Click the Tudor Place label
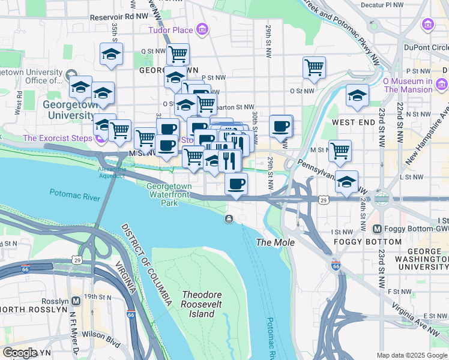pyautogui.click(x=171, y=30)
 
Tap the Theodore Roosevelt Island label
pyautogui.click(x=202, y=304)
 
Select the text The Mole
pyautogui.click(x=276, y=242)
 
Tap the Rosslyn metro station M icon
pyautogui.click(x=76, y=301)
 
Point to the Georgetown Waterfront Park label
pyautogui.click(x=170, y=194)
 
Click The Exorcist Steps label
pyautogui.click(x=58, y=138)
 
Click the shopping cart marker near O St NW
pyautogui.click(x=314, y=68)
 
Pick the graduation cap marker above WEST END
pyautogui.click(x=357, y=95)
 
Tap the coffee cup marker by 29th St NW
pyautogui.click(x=280, y=126)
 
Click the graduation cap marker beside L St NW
pyautogui.click(x=346, y=181)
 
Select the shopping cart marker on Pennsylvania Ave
pyautogui.click(x=340, y=150)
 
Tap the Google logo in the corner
pyautogui.click(x=20, y=353)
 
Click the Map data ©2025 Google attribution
pyautogui.click(x=412, y=355)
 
